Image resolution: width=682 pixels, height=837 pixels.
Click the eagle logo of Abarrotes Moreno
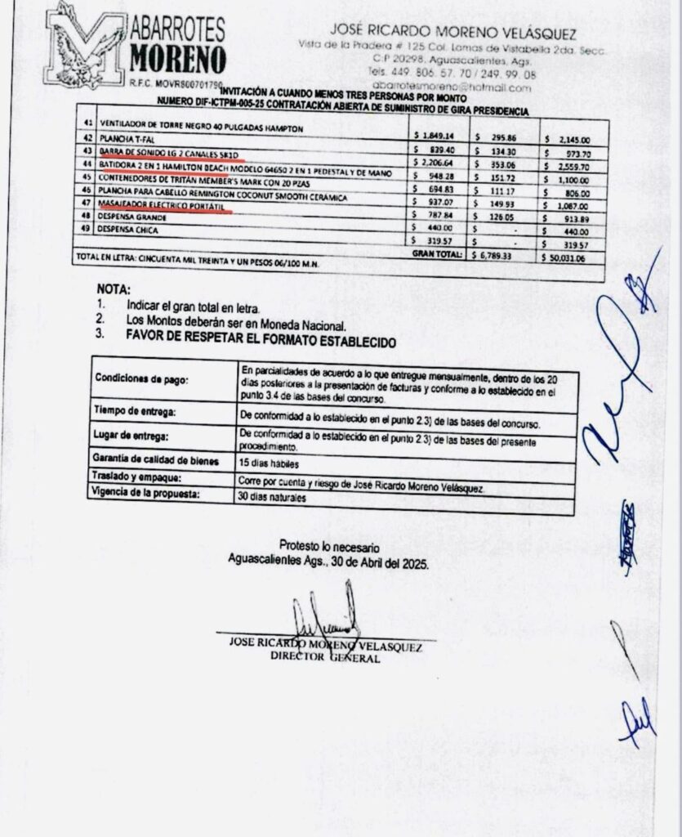click(84, 45)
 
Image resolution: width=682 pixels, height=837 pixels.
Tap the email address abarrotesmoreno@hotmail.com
click(452, 87)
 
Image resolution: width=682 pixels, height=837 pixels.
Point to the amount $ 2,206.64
click(432, 163)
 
